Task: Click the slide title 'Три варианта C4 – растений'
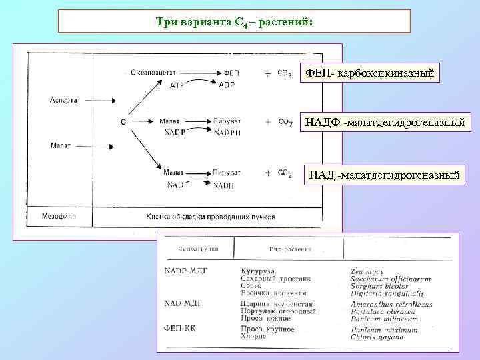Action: [233, 22]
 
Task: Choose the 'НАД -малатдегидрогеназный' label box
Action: [384, 175]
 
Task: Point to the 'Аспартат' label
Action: [65, 100]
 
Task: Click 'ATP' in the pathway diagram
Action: [177, 85]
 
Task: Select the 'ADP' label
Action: [226, 85]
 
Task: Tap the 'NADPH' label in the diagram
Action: [227, 133]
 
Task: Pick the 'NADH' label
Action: [223, 185]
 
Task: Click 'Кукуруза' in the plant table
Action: [256, 271]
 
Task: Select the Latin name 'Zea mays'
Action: [366, 271]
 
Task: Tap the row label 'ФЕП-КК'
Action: [179, 328]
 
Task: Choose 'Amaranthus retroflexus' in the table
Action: [391, 304]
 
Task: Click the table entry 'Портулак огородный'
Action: [278, 311]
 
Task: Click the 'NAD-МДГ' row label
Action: [183, 303]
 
